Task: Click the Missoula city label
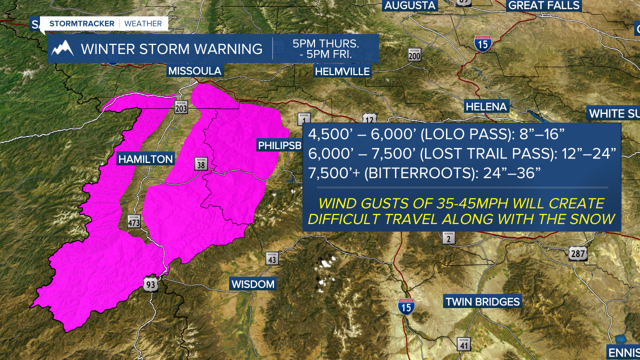point(194,71)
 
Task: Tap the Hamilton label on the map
point(145,159)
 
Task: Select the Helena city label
point(486,106)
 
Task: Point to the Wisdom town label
point(253,284)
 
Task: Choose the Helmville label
point(342,71)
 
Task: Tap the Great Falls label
point(543,5)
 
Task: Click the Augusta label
point(410,5)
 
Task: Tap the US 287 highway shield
point(577,253)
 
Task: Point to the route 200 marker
point(414,54)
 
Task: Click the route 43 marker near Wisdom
point(272,258)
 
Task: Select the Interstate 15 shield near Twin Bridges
point(405,306)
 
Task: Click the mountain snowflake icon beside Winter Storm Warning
point(63,48)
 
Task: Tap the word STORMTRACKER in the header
point(82,23)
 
